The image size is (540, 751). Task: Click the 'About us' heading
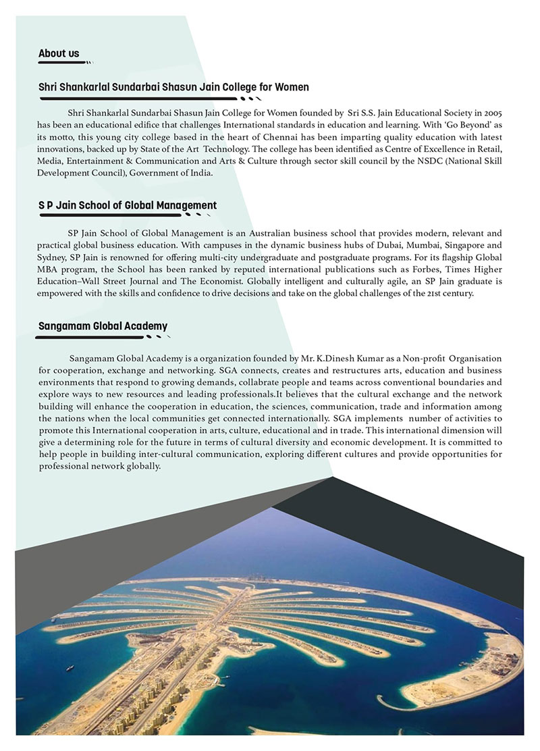[x=59, y=53]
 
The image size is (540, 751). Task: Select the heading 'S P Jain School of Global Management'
[x=128, y=205]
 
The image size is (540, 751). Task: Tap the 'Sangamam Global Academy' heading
[x=103, y=326]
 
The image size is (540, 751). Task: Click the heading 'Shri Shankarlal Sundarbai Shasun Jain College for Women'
[x=173, y=87]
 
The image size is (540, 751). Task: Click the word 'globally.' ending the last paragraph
[x=140, y=467]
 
